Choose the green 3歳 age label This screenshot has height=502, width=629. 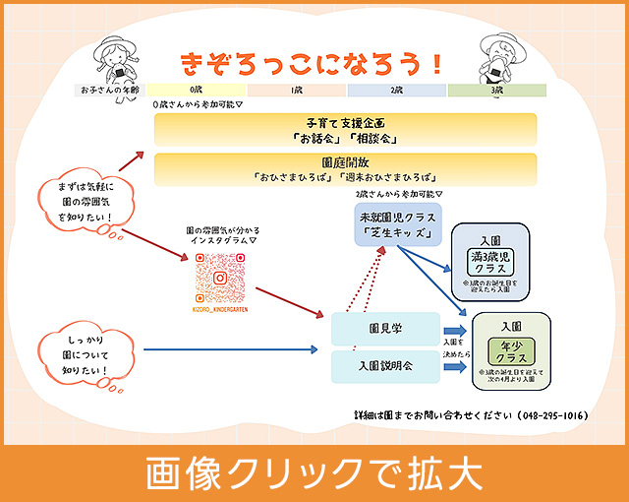[496, 91]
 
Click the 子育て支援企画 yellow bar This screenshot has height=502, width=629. [345, 129]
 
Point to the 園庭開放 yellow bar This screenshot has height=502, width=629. [345, 168]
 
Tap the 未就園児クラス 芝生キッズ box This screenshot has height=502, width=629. [398, 225]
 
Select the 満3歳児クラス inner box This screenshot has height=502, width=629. [489, 261]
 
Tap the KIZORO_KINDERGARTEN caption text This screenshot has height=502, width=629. [220, 309]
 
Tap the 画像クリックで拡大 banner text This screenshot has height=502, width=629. [314, 473]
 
